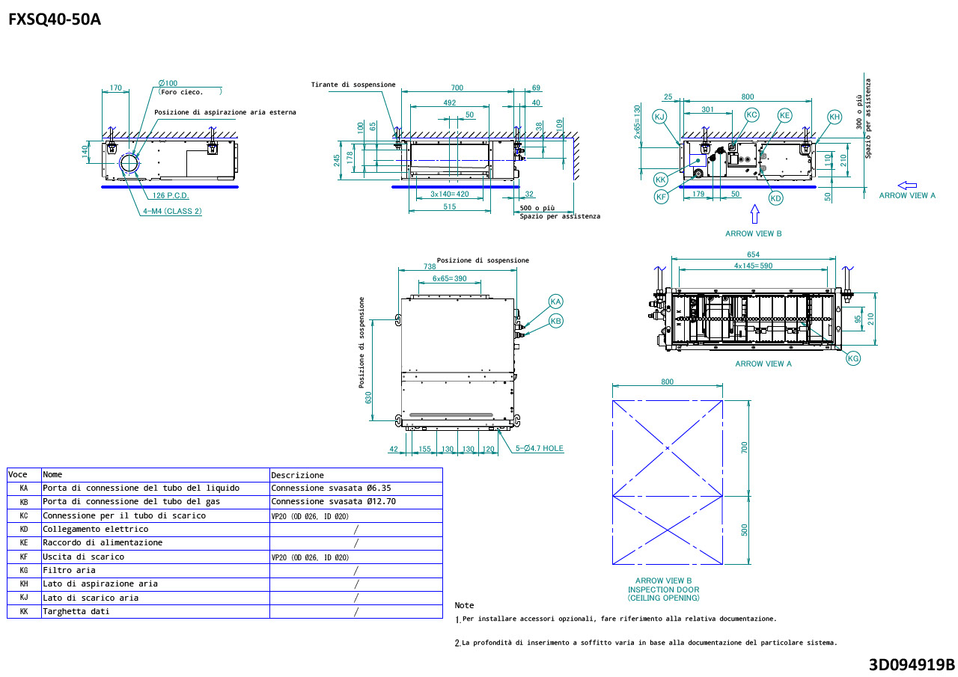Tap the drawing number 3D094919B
[x=912, y=664]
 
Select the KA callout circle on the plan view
[x=555, y=301]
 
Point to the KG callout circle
[x=853, y=358]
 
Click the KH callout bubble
[x=835, y=116]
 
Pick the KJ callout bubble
[x=659, y=116]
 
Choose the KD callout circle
[x=775, y=198]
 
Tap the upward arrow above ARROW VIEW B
[x=754, y=215]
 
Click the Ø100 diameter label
[x=168, y=83]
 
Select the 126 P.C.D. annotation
[x=171, y=196]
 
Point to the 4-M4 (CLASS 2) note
[x=172, y=211]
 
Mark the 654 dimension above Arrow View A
[x=753, y=255]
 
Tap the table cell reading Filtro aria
[x=69, y=570]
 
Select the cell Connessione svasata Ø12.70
[x=333, y=502]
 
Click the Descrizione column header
[x=297, y=475]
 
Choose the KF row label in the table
[x=24, y=557]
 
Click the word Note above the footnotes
[x=464, y=605]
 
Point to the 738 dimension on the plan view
[x=430, y=266]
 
